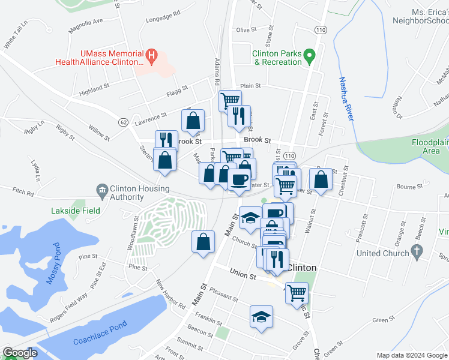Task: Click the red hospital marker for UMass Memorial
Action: point(152,57)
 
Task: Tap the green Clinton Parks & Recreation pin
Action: point(309,57)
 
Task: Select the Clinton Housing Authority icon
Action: point(102,191)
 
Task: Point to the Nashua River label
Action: point(345,99)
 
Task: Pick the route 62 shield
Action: point(123,122)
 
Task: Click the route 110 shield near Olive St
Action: point(319,30)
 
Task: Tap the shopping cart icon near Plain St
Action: point(230,100)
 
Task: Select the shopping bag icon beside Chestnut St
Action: point(321,179)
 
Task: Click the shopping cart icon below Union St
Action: point(296,293)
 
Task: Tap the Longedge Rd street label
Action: point(163,14)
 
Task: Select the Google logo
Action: point(19,353)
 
